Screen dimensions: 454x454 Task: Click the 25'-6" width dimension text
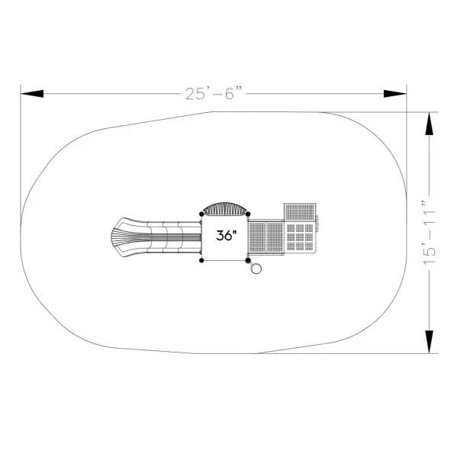[214, 93]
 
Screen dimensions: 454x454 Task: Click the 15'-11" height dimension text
[429, 232]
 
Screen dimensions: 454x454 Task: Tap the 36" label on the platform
[227, 236]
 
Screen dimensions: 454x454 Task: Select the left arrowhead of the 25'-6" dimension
[32, 94]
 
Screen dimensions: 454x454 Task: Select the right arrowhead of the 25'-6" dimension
[395, 94]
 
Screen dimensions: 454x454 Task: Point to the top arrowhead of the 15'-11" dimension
[429, 124]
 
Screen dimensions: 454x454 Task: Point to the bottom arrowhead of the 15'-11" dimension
[429, 342]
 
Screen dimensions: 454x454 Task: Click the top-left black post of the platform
[201, 214]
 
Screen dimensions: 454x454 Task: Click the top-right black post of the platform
[248, 214]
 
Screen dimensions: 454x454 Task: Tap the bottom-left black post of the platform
[201, 261]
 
